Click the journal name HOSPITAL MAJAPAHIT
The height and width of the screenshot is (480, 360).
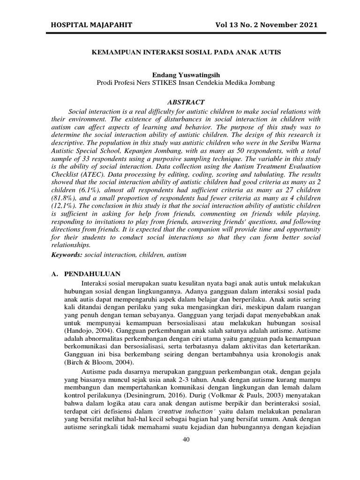click(x=89, y=25)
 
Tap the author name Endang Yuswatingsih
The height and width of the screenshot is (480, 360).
click(x=186, y=75)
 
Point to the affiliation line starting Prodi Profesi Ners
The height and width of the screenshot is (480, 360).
click(x=186, y=82)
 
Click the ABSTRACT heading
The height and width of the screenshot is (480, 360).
click(x=186, y=102)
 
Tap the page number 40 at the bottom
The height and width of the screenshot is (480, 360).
click(x=186, y=438)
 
